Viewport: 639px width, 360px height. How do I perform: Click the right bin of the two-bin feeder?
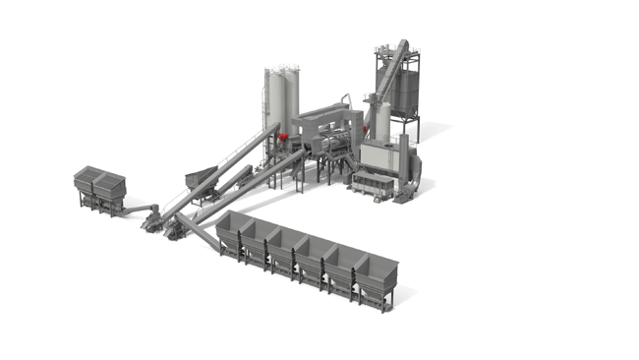(x=109, y=184)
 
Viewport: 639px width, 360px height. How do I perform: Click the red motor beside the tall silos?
(x=281, y=137)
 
